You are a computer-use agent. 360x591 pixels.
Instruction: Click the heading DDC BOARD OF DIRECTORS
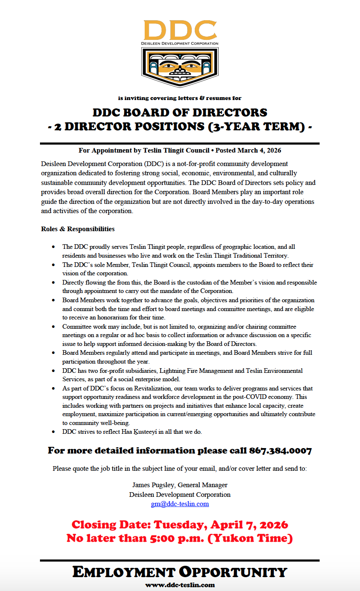(180, 113)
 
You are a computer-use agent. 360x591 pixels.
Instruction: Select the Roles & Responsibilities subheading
(78, 229)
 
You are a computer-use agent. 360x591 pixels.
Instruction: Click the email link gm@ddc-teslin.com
(180, 504)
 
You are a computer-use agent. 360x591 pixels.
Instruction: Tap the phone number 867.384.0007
(281, 451)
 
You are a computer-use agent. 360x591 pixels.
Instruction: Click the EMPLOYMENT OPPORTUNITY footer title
(180, 572)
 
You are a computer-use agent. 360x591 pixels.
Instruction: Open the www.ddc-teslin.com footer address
(180, 585)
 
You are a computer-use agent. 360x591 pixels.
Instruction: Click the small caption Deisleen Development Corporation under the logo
(180, 43)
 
